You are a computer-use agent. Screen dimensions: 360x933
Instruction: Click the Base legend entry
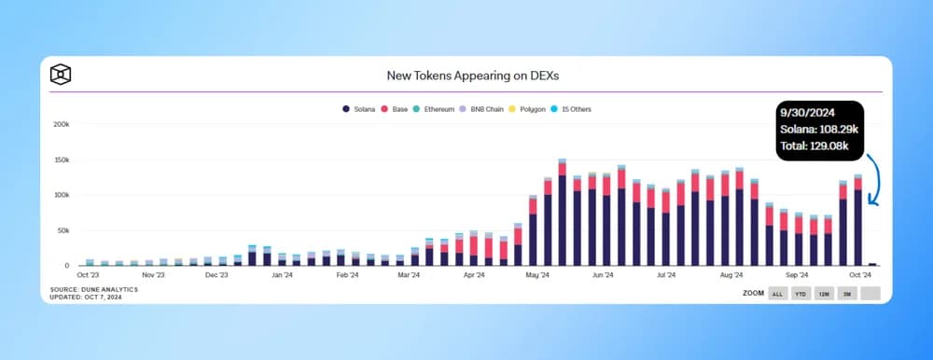point(396,109)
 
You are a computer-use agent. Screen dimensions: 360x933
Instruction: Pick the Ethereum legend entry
point(434,109)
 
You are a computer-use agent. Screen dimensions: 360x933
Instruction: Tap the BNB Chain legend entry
point(483,109)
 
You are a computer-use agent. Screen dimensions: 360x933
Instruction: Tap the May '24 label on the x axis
point(538,276)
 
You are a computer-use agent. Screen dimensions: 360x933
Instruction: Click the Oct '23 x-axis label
point(88,276)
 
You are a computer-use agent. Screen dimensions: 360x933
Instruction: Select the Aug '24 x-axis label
point(731,276)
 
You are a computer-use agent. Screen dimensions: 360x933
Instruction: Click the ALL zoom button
point(776,293)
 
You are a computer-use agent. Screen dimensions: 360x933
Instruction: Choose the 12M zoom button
point(824,293)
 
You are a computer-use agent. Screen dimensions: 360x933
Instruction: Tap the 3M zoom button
point(847,293)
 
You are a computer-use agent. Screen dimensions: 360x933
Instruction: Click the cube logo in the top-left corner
point(62,74)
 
